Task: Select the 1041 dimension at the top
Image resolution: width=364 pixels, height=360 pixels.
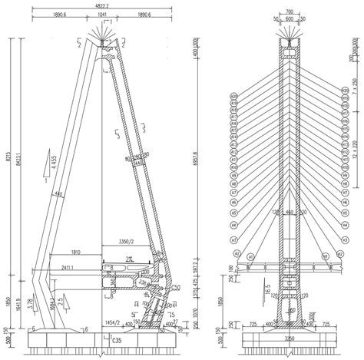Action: pos(102,15)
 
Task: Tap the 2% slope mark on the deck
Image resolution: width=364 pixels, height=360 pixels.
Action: pos(133,259)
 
